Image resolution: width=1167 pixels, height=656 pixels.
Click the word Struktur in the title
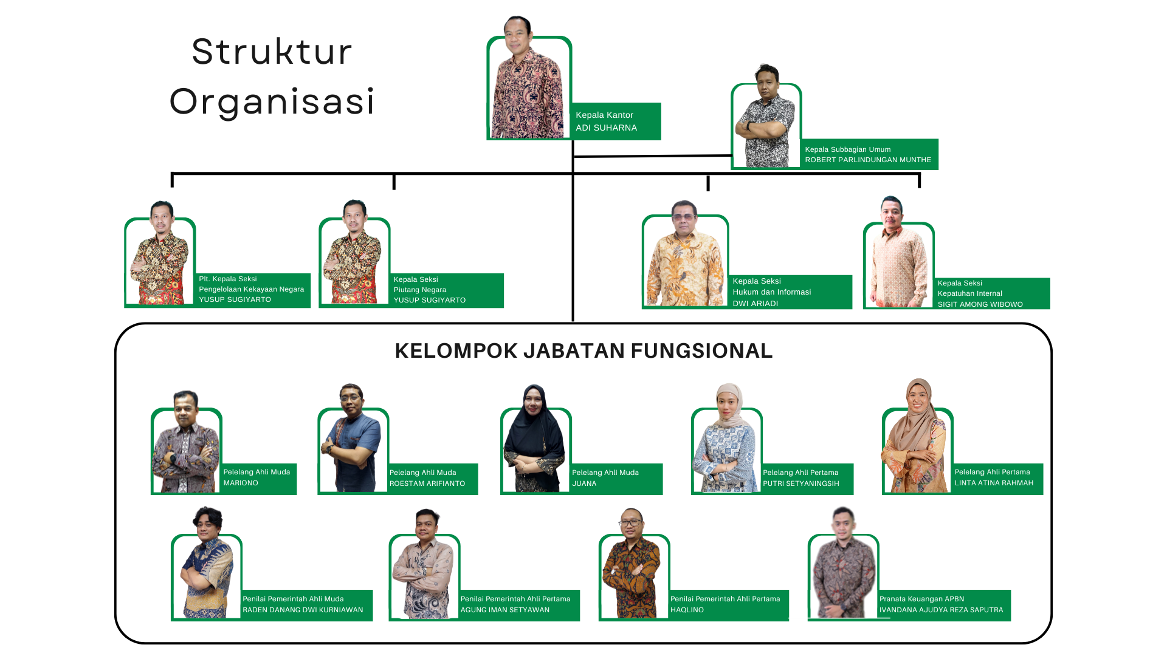pos(272,51)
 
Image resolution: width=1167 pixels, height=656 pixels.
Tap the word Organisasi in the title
pos(272,101)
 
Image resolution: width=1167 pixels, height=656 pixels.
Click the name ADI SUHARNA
pos(606,128)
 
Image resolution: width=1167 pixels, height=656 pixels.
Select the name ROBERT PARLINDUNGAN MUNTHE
pos(868,160)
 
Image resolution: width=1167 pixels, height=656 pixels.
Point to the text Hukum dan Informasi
pos(772,292)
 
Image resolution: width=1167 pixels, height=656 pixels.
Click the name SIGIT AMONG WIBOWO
pos(980,304)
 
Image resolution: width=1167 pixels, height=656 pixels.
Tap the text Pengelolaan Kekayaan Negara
pos(252,289)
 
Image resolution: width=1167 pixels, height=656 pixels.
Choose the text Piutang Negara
pos(420,290)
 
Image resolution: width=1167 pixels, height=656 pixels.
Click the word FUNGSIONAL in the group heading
pos(701,351)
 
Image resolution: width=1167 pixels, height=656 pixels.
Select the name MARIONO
pos(241,483)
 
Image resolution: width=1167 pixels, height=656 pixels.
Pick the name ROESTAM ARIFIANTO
pos(427,483)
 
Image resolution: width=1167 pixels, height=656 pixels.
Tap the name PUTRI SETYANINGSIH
pos(801,483)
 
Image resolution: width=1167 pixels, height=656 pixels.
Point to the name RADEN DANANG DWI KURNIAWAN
pos(303,610)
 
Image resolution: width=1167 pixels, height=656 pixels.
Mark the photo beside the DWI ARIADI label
pos(685,253)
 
